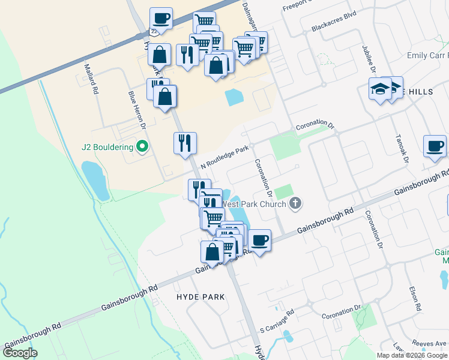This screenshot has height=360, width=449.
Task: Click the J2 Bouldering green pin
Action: tap(142, 146)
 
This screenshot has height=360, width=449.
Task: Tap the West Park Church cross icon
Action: tap(295, 203)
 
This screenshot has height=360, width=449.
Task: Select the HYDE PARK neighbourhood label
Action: tap(200, 297)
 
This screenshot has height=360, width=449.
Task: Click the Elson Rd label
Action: tap(414, 297)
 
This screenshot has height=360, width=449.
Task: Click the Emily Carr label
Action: tap(427, 55)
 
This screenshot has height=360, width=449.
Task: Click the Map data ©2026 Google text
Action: tap(411, 355)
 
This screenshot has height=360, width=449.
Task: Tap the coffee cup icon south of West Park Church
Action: tap(259, 241)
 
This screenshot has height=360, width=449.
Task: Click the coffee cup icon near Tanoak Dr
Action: tap(434, 146)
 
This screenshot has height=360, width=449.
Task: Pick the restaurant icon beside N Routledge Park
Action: tap(185, 143)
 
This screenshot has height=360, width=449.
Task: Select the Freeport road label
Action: tap(298, 4)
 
